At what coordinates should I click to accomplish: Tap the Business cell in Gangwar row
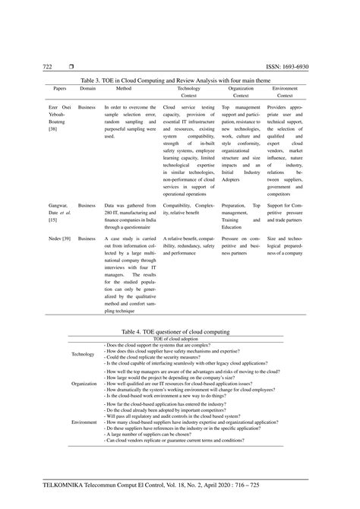coord(87,205)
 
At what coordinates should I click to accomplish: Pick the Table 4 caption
coord(180,331)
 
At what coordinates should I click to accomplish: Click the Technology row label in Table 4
coord(83,354)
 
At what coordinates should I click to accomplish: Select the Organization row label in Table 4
coord(84,384)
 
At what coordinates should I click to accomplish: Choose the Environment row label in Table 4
coord(84,420)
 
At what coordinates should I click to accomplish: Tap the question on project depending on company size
coord(171,378)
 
